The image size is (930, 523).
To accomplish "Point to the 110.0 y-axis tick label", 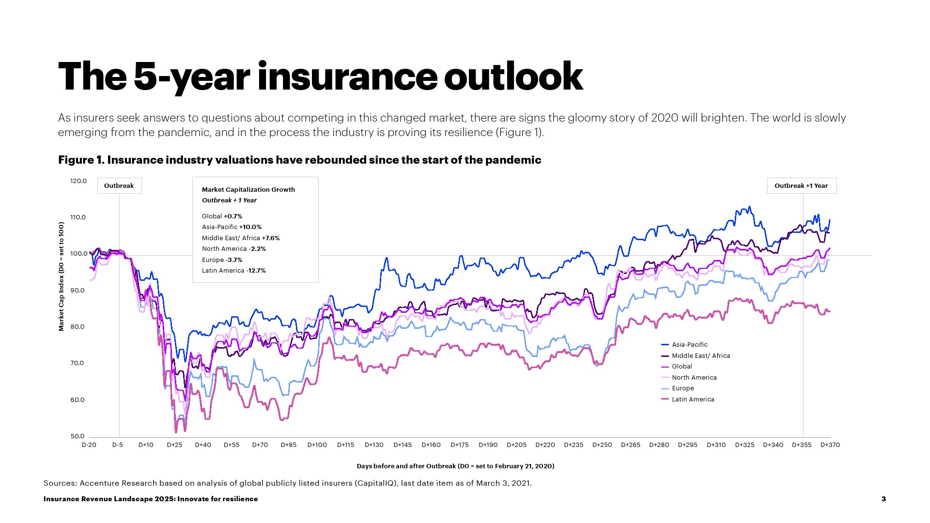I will click(78, 217).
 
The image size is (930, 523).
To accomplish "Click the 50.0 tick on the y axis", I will click(78, 436).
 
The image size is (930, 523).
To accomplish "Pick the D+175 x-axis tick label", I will click(459, 445).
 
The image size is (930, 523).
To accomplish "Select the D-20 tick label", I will click(89, 445).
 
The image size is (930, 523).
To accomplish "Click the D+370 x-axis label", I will click(830, 445).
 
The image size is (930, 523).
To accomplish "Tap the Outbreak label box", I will click(119, 186).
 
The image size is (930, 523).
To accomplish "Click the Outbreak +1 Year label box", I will click(801, 186).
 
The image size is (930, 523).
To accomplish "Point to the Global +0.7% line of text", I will click(222, 216).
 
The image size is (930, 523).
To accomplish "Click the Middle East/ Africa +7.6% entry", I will click(241, 238).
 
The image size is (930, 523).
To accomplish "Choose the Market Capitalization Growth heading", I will click(248, 190).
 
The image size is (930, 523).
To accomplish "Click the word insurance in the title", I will click(347, 77).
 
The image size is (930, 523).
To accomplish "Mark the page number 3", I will click(883, 499).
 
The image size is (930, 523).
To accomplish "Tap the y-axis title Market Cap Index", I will click(62, 277).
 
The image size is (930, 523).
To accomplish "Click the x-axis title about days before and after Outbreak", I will click(455, 466).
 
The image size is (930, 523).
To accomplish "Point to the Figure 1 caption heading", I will click(299, 160).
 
